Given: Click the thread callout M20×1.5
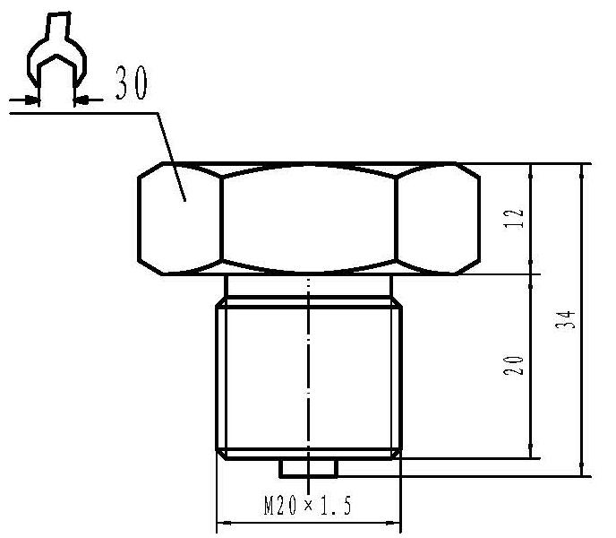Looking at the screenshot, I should click(x=308, y=507).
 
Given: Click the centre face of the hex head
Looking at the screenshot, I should click(x=308, y=218).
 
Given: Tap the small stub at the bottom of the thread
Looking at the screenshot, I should click(x=308, y=468).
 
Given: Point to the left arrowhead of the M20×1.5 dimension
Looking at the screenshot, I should click(x=224, y=523).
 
